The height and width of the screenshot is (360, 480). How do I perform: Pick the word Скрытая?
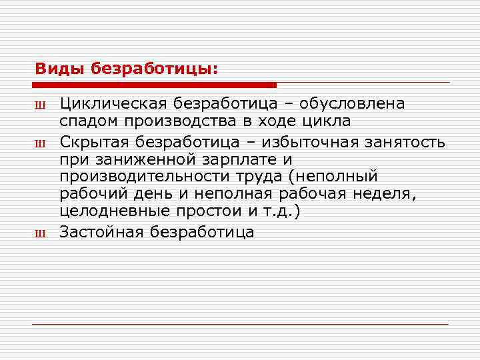pos(93,141)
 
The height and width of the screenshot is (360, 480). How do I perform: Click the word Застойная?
pos(101,232)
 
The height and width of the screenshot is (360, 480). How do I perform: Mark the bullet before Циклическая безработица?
pos(38,105)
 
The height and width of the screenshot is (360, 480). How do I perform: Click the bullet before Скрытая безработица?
pos(38,142)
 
